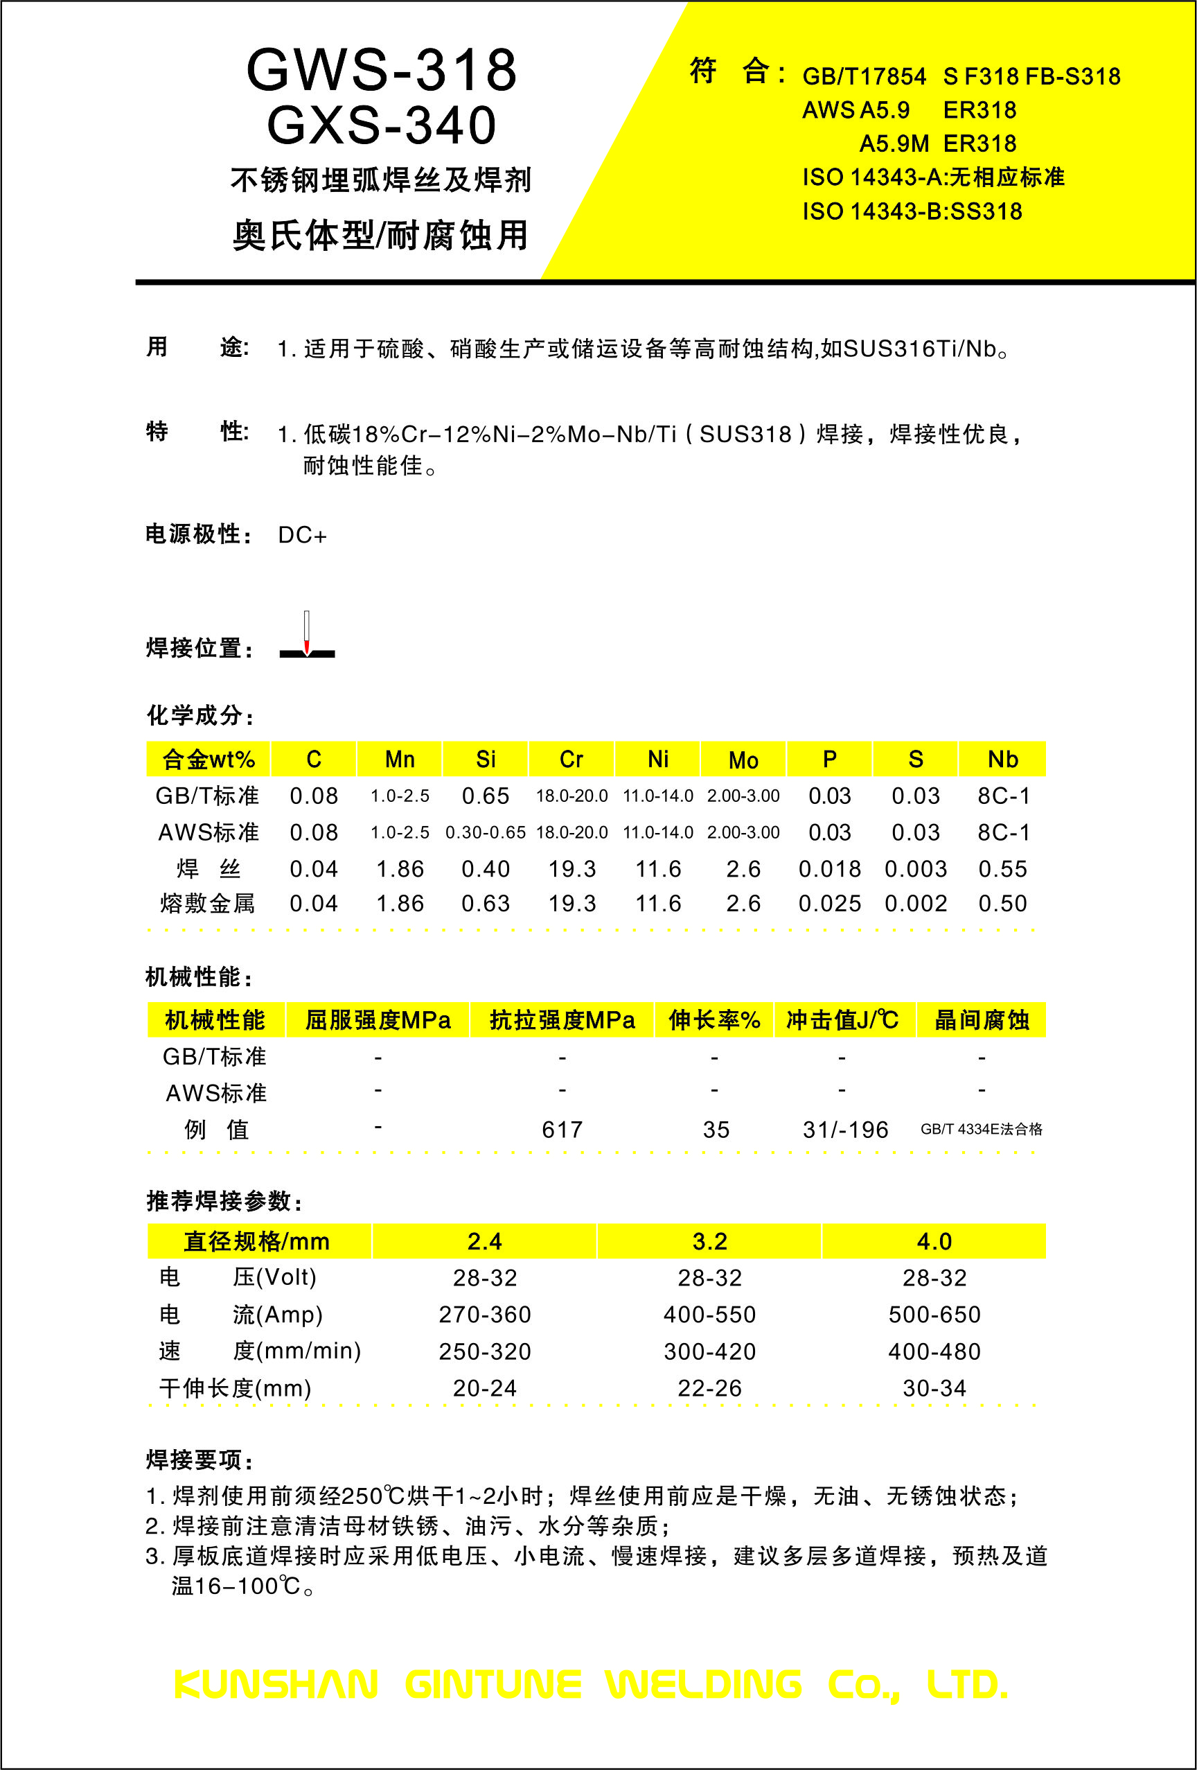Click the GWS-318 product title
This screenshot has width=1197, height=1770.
pyautogui.click(x=382, y=70)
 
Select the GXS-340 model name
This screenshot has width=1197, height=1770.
pyautogui.click(x=382, y=125)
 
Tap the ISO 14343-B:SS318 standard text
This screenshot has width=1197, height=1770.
pyautogui.click(x=912, y=211)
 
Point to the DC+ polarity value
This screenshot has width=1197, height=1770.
pyautogui.click(x=302, y=536)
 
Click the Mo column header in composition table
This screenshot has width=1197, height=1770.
pyautogui.click(x=743, y=760)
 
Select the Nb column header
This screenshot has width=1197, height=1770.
pyautogui.click(x=1002, y=760)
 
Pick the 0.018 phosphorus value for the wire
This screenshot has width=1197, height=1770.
pyautogui.click(x=829, y=869)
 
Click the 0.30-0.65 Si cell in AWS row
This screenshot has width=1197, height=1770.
pyautogui.click(x=485, y=832)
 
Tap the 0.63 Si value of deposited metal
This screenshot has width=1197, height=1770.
pyautogui.click(x=485, y=904)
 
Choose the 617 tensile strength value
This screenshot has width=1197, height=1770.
pyautogui.click(x=562, y=1130)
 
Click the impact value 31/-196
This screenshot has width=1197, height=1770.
pyautogui.click(x=845, y=1130)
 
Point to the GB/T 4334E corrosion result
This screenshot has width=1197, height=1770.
pyautogui.click(x=981, y=1129)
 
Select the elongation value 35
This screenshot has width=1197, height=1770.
pyautogui.click(x=716, y=1130)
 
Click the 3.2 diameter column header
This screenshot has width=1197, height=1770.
pyautogui.click(x=709, y=1241)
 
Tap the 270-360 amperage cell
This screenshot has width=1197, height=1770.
pyautogui.click(x=484, y=1315)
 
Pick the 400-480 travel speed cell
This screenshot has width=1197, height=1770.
pyautogui.click(x=934, y=1352)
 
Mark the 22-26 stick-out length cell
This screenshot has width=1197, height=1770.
pyautogui.click(x=709, y=1388)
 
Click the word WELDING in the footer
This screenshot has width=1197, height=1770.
pyautogui.click(x=704, y=1684)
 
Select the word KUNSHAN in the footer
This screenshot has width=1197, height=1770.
pyautogui.click(x=276, y=1684)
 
